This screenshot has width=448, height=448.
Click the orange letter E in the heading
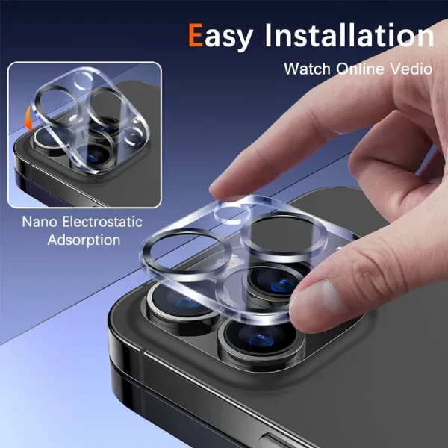196,35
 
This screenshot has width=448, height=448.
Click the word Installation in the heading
349,35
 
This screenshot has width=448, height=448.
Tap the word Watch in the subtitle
307,69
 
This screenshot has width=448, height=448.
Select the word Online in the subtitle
360,69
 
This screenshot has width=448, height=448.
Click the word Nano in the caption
40,222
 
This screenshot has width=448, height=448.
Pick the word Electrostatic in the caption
102,222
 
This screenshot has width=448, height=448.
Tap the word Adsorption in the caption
84,240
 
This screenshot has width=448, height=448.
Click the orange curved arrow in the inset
28,119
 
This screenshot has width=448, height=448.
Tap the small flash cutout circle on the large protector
232,211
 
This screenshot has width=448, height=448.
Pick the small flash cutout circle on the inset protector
83,80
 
